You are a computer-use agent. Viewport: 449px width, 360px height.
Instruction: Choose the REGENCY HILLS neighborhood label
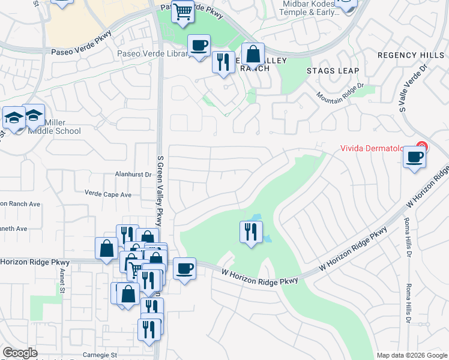(411, 55)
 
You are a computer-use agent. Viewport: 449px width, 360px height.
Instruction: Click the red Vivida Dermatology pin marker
(421, 146)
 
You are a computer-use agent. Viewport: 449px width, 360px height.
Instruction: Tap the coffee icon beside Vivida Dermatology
(414, 157)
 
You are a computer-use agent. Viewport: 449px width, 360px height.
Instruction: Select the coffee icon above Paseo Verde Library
(199, 45)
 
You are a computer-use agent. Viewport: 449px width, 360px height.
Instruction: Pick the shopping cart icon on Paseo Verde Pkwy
(183, 11)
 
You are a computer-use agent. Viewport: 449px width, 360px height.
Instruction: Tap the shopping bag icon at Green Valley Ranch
(253, 54)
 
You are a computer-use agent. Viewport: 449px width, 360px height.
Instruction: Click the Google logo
(20, 353)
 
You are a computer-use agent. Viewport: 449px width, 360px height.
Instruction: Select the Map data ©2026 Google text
(411, 355)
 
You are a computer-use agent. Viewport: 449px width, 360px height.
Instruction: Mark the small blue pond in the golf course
(260, 228)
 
